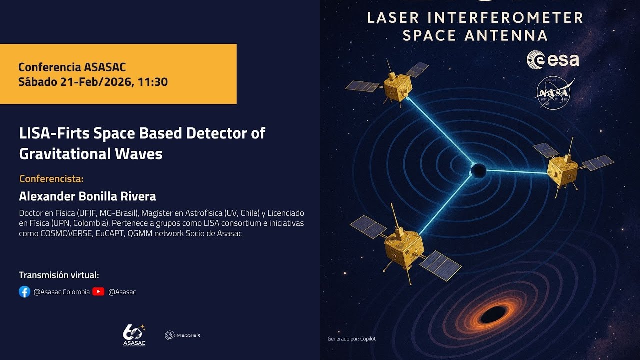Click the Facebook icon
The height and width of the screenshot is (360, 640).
click(x=24, y=292)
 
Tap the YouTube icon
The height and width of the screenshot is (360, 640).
click(x=98, y=292)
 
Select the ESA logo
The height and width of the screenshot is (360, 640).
click(x=553, y=59)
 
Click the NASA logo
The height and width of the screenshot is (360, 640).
click(x=553, y=94)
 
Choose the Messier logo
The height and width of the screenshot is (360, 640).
click(x=182, y=335)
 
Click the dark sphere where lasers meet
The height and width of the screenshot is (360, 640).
click(x=477, y=170)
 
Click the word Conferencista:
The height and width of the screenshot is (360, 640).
click(x=51, y=178)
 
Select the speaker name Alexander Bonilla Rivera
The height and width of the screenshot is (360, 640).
click(x=87, y=196)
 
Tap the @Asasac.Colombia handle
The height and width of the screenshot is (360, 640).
click(x=61, y=292)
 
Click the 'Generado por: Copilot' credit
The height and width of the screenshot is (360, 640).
click(x=351, y=339)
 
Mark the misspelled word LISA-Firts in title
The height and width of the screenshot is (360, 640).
click(x=50, y=134)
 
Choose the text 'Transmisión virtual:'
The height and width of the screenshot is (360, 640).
click(x=59, y=275)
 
